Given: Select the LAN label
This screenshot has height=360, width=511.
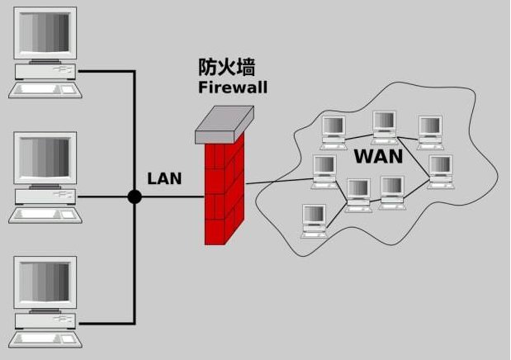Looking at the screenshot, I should [164, 178].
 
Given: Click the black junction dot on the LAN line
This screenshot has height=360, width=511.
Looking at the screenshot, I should [134, 197].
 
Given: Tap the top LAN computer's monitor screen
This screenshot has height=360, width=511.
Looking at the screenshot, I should [45, 35].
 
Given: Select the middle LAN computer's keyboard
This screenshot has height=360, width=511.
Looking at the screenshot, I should [46, 216].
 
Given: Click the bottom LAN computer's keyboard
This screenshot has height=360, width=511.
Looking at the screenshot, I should [46, 339].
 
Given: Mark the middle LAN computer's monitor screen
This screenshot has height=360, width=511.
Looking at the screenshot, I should [45, 160].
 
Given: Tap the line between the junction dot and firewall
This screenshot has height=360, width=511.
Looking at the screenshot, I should [173, 197].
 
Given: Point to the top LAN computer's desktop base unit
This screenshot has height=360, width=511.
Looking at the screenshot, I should [45, 72].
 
